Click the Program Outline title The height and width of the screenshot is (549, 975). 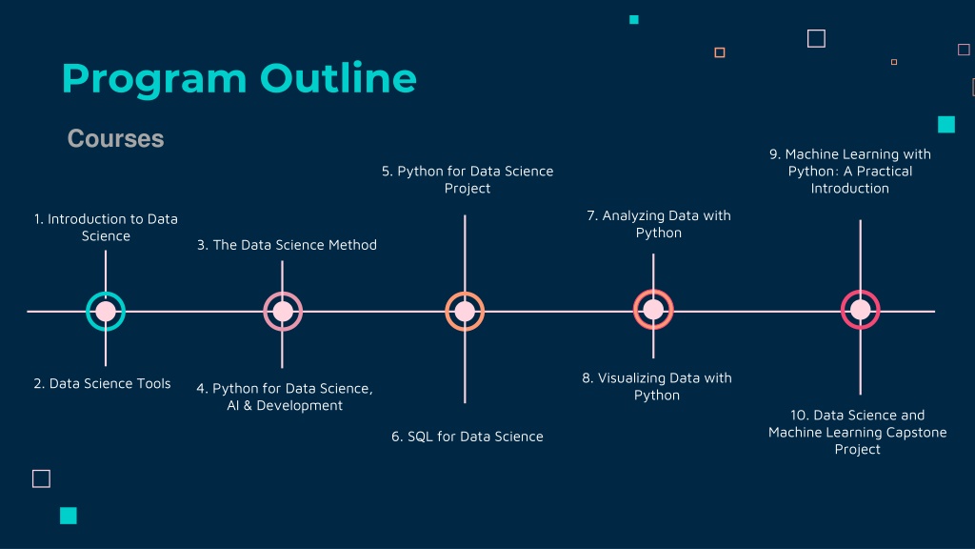[239, 80]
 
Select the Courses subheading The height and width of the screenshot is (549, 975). [115, 138]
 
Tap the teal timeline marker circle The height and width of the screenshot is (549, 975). [106, 312]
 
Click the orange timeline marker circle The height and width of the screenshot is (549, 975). [465, 312]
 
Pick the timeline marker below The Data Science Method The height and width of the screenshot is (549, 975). [283, 312]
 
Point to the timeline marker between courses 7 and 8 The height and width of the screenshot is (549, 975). [653, 310]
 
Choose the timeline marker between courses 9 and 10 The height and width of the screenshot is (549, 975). [861, 310]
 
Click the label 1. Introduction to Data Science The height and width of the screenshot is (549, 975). [106, 227]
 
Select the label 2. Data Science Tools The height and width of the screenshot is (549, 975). [102, 383]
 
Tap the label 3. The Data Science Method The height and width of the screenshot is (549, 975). [287, 245]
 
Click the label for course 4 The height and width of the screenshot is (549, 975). [285, 396]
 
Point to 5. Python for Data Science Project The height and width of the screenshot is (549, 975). [468, 179]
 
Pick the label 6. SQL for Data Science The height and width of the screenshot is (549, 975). [467, 437]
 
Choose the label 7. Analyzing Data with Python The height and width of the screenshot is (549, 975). [659, 223]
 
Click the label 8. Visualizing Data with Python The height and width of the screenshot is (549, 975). [657, 386]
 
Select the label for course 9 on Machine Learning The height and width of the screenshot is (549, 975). [850, 171]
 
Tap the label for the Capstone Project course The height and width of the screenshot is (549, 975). [858, 432]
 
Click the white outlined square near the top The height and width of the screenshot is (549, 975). [816, 38]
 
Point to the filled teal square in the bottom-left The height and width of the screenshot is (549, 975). [69, 516]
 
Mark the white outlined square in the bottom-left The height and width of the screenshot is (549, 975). [41, 478]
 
